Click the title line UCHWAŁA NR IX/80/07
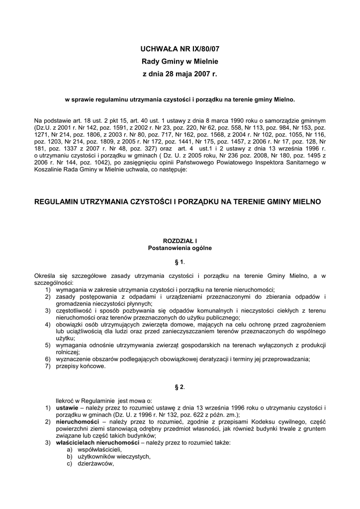pyautogui.click(x=180, y=50)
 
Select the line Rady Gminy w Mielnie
pyautogui.click(x=180, y=62)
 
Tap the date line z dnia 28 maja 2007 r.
pyautogui.click(x=180, y=74)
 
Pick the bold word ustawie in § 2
pyautogui.click(x=67, y=408)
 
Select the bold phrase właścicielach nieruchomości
pyautogui.click(x=97, y=443)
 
